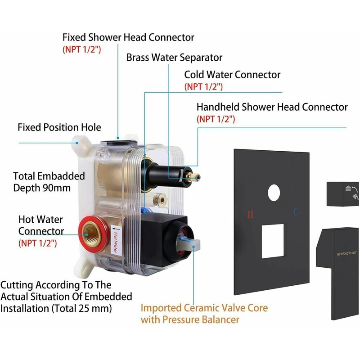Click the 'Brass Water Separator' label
(x=174, y=58)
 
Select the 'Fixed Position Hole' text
(x=59, y=127)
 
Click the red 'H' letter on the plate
(x=251, y=214)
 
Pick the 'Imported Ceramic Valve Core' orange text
(x=204, y=308)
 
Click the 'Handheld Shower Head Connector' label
(x=272, y=107)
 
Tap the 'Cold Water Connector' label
(x=232, y=74)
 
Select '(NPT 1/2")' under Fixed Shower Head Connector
(x=81, y=49)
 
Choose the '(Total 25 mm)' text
(x=84, y=309)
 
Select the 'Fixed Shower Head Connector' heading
(x=128, y=37)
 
